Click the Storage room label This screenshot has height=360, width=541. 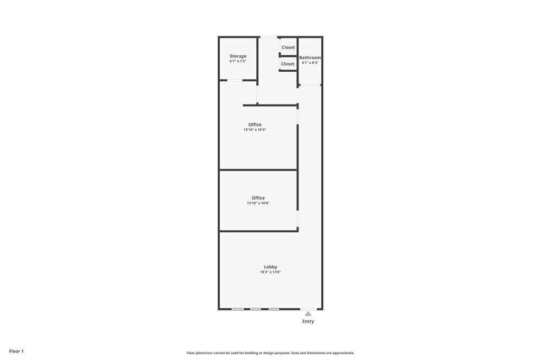(x=238, y=56)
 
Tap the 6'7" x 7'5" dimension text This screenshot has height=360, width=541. (x=238, y=61)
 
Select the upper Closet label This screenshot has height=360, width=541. (x=288, y=48)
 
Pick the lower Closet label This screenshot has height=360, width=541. (x=287, y=64)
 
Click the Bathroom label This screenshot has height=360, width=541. (x=310, y=58)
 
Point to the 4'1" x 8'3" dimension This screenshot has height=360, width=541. (x=310, y=63)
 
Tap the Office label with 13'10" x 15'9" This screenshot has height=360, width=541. (x=255, y=125)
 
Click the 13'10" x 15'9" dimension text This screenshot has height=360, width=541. (x=255, y=130)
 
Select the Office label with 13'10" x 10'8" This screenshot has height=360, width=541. (x=258, y=198)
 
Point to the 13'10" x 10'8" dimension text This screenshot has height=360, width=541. (x=258, y=203)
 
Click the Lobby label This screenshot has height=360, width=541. (x=270, y=267)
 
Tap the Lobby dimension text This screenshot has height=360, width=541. (x=270, y=272)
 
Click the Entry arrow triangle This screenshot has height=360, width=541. (x=308, y=314)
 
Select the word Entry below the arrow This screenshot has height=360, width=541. (x=308, y=321)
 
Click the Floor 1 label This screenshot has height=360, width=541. (x=16, y=351)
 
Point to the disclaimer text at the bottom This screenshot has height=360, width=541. (x=270, y=353)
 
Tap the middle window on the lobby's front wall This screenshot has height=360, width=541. (x=256, y=309)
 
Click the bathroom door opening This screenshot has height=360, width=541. (x=310, y=84)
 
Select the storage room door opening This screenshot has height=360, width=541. (x=235, y=80)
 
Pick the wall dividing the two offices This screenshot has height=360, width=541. (x=258, y=170)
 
